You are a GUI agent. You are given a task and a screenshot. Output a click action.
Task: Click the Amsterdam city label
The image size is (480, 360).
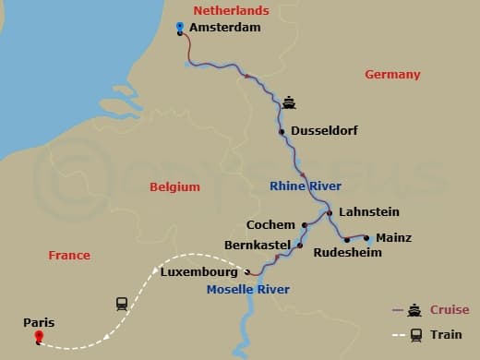(x=224, y=28)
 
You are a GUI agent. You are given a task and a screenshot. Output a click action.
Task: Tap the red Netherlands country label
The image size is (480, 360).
(x=232, y=10)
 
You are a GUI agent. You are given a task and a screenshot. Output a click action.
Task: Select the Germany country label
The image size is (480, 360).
(x=392, y=75)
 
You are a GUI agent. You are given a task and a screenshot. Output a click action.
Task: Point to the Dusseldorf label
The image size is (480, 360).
(x=324, y=131)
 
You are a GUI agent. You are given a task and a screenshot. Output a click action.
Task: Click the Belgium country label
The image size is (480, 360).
(x=174, y=186)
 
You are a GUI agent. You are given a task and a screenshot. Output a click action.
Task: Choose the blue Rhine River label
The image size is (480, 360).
(x=306, y=186)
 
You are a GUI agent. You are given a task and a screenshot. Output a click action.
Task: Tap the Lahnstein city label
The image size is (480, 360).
(x=369, y=212)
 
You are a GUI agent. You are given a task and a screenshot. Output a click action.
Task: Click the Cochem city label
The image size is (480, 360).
(x=270, y=224)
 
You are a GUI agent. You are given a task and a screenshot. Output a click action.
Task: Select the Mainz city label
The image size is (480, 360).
(x=394, y=238)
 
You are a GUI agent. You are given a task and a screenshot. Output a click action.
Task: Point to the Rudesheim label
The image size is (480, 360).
(x=347, y=252)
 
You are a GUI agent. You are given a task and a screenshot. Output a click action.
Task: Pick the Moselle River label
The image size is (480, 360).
(x=247, y=290)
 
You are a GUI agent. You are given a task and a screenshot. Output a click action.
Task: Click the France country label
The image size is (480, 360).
(x=69, y=255)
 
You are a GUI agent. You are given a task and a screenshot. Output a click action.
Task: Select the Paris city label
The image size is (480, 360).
(x=40, y=322)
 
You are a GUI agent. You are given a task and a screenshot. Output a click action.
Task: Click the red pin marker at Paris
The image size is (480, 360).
(x=38, y=337)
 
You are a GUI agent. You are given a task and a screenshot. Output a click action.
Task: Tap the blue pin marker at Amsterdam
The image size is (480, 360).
(x=179, y=27)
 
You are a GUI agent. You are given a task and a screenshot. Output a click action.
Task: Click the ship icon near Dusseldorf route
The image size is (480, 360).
(x=289, y=102)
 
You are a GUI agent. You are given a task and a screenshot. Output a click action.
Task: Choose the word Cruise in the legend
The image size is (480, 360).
(x=450, y=310)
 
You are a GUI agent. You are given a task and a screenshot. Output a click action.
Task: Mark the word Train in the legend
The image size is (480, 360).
(x=447, y=334)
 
